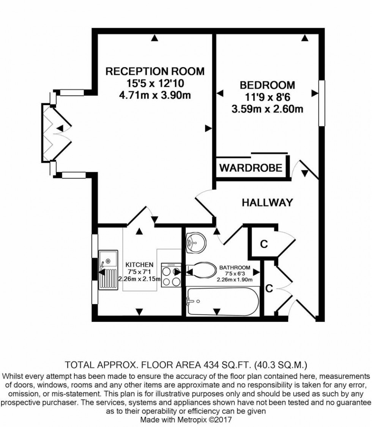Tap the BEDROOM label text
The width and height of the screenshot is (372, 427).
click(267, 85)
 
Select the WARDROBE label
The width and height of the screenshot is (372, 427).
click(251, 167)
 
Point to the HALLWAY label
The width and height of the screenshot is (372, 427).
click(267, 203)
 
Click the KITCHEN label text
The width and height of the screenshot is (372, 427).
click(139, 265)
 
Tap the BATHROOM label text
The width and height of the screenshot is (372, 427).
click(235, 268)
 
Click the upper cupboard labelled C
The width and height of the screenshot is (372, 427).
click(263, 244)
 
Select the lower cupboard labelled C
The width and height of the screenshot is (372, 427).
click(269, 289)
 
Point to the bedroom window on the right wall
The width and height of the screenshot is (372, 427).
click(322, 103)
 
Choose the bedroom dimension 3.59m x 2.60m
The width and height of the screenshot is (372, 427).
click(267, 109)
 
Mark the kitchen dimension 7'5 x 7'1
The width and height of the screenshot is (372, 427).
click(139, 272)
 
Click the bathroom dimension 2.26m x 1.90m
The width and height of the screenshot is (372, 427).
click(235, 279)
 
